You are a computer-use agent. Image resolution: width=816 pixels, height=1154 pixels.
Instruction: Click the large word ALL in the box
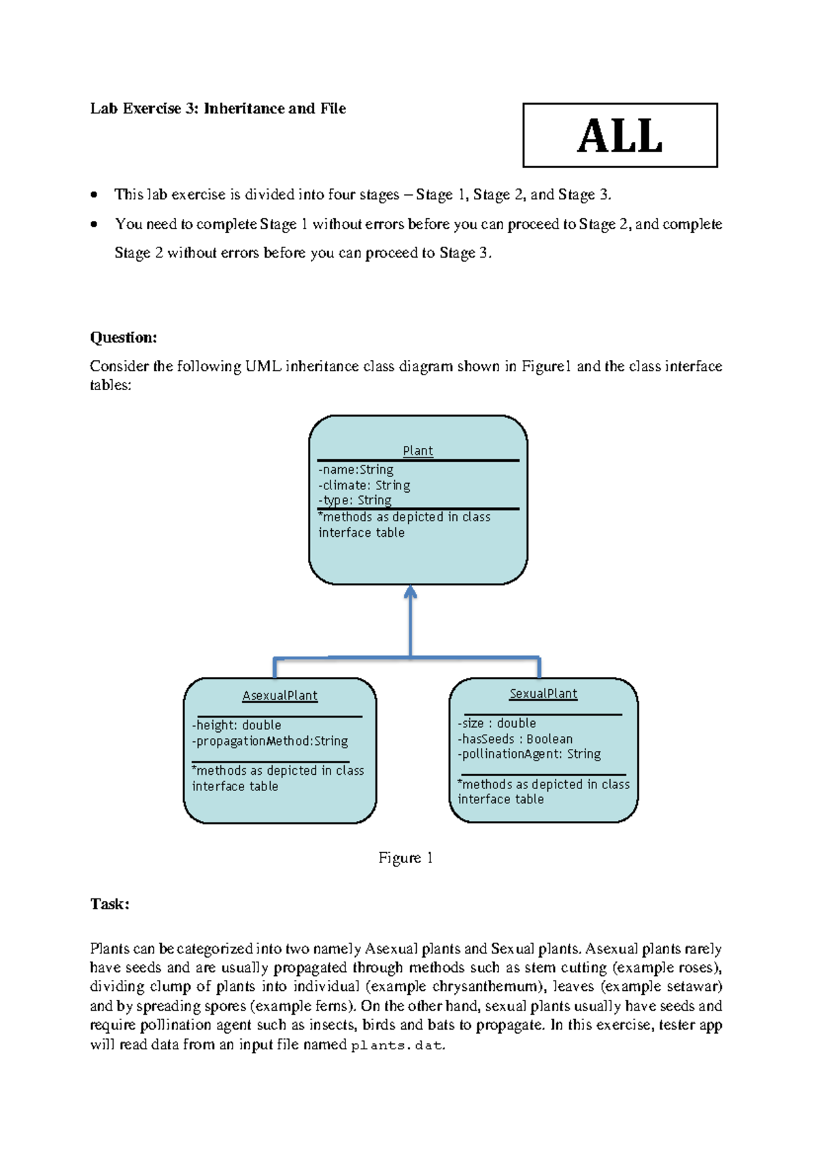click(x=619, y=136)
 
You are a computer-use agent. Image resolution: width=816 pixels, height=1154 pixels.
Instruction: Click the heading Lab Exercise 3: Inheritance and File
click(x=218, y=109)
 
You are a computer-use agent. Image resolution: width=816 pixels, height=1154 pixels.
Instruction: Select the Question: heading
click(x=123, y=338)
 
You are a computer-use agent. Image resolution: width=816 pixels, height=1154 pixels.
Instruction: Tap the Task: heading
click(x=109, y=904)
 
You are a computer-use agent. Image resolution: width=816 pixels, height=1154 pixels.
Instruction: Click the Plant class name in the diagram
click(x=418, y=451)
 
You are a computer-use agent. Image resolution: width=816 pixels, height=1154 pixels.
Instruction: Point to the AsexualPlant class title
click(x=279, y=696)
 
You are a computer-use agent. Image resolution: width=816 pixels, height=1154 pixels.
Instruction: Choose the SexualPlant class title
click(x=543, y=694)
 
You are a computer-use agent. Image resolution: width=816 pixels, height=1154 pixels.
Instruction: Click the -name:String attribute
click(x=356, y=470)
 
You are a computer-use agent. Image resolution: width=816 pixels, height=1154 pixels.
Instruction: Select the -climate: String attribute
click(x=364, y=485)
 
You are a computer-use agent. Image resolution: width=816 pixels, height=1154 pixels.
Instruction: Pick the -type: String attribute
click(x=355, y=500)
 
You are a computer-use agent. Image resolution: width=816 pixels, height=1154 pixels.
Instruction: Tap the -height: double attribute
click(x=237, y=725)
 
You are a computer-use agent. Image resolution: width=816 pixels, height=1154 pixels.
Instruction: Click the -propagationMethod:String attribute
click(x=270, y=741)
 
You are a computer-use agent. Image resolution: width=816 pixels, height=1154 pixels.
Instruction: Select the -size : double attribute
click(x=496, y=723)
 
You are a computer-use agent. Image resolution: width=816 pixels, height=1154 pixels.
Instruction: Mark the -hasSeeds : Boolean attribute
click(x=515, y=739)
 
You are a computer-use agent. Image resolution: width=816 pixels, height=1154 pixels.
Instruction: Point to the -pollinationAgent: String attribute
click(x=529, y=754)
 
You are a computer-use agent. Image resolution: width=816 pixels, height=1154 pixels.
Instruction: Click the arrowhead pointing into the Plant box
click(x=410, y=592)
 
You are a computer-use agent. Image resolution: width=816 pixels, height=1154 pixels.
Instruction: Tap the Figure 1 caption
click(x=405, y=858)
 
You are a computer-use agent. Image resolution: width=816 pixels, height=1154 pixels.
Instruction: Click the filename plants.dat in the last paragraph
click(x=397, y=1045)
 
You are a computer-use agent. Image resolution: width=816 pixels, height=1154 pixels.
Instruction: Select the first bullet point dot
click(x=95, y=195)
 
